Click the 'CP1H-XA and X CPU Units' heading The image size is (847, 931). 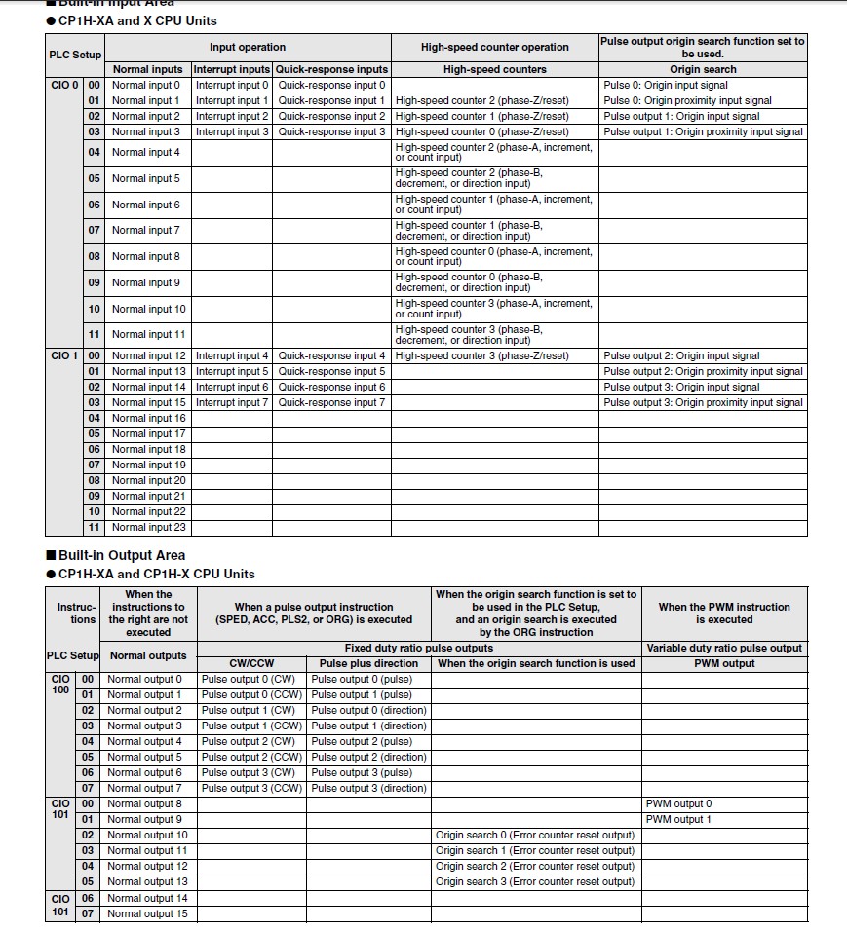click(137, 20)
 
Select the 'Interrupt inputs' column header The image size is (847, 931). click(232, 69)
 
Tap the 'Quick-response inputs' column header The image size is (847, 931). click(331, 69)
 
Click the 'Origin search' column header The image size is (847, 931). click(703, 69)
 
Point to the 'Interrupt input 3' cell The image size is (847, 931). click(232, 131)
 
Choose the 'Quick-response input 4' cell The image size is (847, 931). click(331, 355)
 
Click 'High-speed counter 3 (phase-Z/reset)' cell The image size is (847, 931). click(481, 355)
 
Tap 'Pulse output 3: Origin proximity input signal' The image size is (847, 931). click(703, 402)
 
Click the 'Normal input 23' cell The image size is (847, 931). click(148, 527)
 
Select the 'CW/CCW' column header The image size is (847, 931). click(251, 663)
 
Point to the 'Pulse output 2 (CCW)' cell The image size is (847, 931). click(251, 757)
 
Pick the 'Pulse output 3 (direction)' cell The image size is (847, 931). click(368, 788)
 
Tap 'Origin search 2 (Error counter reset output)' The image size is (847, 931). click(535, 866)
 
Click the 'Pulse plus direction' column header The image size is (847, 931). click(368, 663)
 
